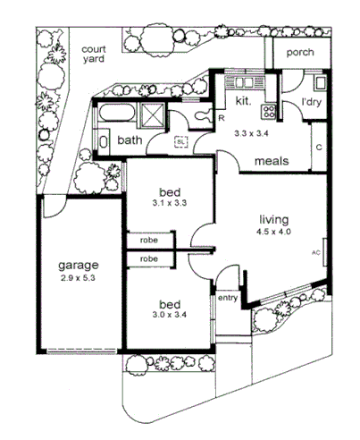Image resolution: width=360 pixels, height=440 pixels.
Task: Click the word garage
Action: click(x=79, y=266)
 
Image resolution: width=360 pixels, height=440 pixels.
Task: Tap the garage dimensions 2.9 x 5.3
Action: click(x=79, y=279)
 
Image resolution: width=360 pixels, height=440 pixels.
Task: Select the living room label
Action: click(x=275, y=219)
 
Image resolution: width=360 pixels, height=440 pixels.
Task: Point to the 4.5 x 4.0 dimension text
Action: click(x=275, y=232)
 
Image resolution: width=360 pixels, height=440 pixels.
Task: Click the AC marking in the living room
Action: click(x=315, y=253)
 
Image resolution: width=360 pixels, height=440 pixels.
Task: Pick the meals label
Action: click(x=271, y=162)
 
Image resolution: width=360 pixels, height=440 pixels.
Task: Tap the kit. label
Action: click(x=243, y=101)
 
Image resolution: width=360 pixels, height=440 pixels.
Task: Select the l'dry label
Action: click(x=311, y=103)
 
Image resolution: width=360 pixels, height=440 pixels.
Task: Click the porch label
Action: click(x=299, y=53)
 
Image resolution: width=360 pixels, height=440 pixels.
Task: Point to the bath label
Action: click(x=130, y=140)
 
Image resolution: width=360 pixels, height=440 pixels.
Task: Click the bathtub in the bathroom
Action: click(x=116, y=114)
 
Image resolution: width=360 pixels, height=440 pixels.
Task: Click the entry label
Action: click(x=228, y=298)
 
